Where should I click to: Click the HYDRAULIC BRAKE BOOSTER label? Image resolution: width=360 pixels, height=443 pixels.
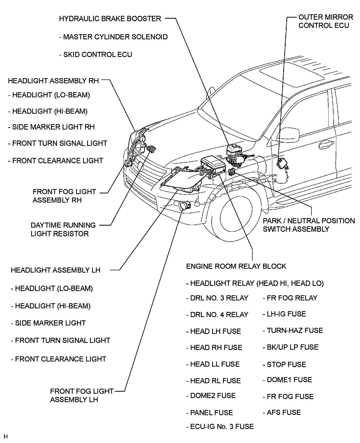110,19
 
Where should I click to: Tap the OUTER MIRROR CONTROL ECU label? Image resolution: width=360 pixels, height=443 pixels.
325,21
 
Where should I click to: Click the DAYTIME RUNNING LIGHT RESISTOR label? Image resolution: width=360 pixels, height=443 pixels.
63,229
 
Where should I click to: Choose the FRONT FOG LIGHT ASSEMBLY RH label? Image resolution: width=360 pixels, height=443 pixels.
64,196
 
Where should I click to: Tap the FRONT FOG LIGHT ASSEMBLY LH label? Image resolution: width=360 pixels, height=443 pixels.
82,395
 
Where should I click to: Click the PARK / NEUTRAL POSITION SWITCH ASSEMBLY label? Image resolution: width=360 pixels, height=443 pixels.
309,225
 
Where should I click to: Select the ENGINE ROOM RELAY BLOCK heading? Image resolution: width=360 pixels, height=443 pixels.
236,266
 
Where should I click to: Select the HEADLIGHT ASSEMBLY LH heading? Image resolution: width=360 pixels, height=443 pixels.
55,270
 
